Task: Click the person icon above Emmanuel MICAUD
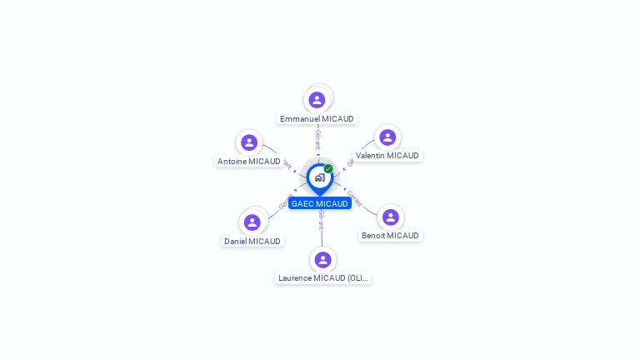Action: point(317,100)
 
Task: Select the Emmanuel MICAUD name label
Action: point(317,119)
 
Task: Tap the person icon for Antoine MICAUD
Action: point(249,142)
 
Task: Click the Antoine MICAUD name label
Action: point(249,162)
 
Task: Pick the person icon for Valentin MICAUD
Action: point(387,137)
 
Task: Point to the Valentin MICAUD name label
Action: point(387,156)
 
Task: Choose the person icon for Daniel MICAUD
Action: point(252,222)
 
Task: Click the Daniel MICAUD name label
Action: point(252,242)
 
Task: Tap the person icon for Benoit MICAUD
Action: point(390,217)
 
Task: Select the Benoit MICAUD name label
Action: point(390,236)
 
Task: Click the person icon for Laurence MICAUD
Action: point(322,259)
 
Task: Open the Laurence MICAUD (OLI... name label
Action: point(322,278)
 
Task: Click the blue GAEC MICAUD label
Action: point(320,204)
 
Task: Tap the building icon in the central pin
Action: point(319,177)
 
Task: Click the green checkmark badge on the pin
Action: point(328,169)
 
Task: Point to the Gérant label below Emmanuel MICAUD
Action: point(317,139)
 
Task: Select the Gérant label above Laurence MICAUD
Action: point(321,220)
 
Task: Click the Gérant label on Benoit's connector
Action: point(355,198)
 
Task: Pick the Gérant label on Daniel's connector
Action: point(284,201)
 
